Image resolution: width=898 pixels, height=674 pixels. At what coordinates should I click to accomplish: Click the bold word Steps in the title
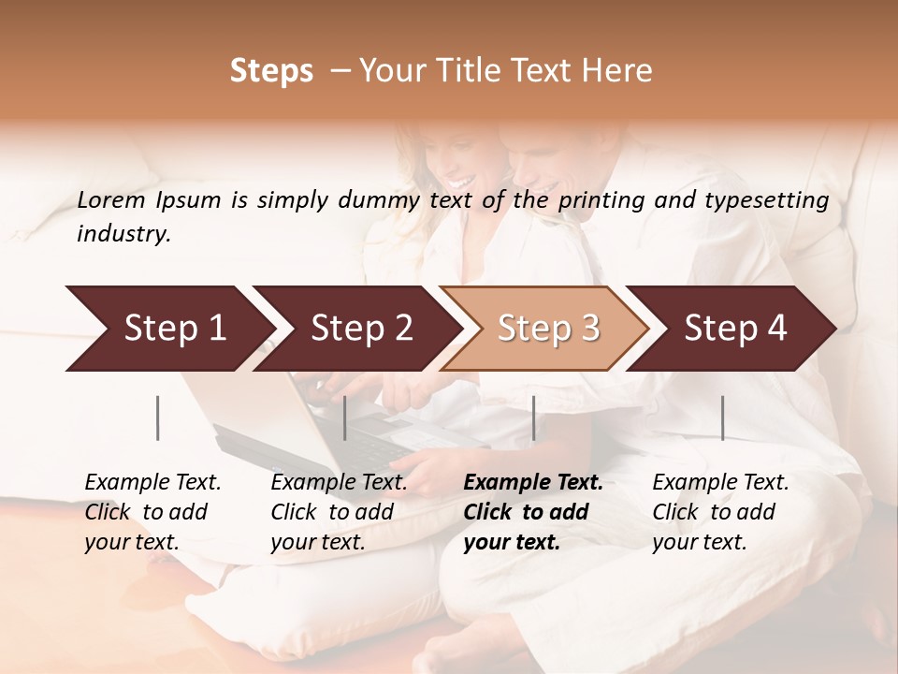pyautogui.click(x=271, y=71)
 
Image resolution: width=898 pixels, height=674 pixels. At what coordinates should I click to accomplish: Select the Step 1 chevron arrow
pyautogui.click(x=168, y=329)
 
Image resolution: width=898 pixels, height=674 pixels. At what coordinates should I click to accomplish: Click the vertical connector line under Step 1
pyautogui.click(x=158, y=418)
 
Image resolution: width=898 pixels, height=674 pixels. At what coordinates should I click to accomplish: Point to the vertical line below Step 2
pyautogui.click(x=345, y=418)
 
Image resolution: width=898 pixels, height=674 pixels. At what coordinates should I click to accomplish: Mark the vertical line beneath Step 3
pyautogui.click(x=533, y=418)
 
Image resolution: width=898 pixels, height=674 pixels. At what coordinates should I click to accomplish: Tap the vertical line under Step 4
pyautogui.click(x=722, y=418)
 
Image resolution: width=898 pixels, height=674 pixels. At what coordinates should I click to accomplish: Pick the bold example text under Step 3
pyautogui.click(x=532, y=512)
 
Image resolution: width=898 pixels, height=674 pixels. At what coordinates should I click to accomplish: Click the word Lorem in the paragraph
pyautogui.click(x=110, y=200)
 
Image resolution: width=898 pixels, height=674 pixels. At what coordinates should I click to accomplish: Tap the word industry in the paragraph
pyautogui.click(x=123, y=234)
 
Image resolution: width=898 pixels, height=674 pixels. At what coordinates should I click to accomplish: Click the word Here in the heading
pyautogui.click(x=616, y=71)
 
